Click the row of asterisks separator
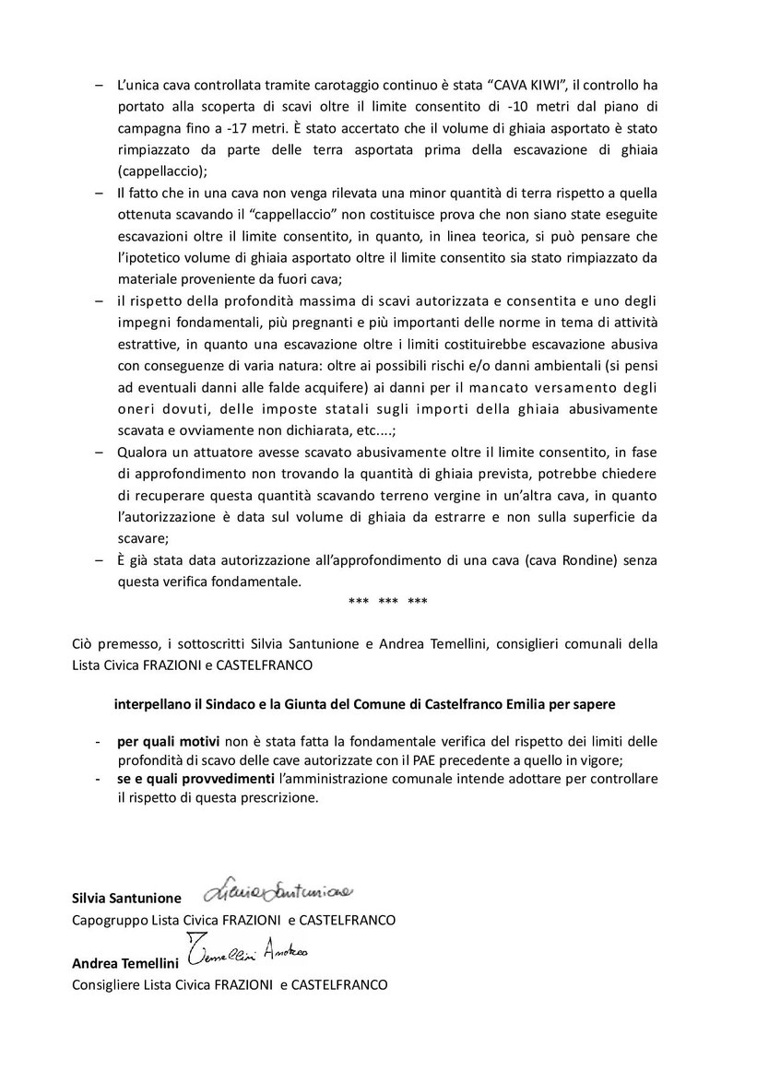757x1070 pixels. tap(388, 602)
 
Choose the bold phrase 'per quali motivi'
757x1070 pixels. tap(162, 741)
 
